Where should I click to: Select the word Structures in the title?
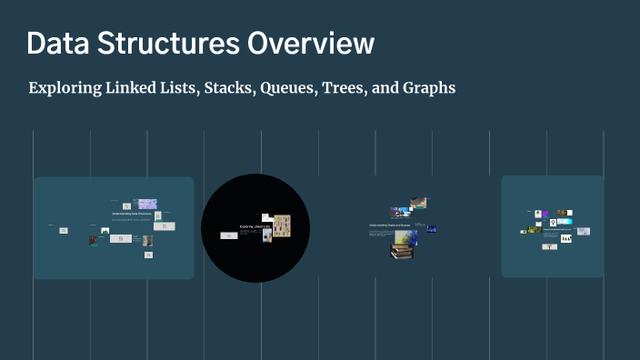pos(151,44)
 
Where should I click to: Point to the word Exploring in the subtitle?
pos(65,89)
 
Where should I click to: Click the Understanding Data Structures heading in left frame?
pos(131,214)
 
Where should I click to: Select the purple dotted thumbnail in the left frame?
pos(147,204)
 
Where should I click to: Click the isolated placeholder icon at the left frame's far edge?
pos(64,231)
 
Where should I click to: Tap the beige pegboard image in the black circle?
pos(282,226)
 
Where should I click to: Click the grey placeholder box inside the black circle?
pos(229,235)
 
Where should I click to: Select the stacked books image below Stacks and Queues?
pos(401,251)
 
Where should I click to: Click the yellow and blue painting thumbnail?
pos(405,237)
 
